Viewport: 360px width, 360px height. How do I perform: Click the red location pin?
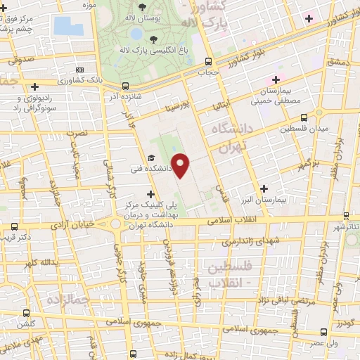(182, 165)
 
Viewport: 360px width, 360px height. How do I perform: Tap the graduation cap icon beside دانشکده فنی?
(150, 158)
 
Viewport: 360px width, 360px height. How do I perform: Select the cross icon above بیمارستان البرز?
(264, 188)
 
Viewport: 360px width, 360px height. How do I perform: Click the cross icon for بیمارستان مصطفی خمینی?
(276, 79)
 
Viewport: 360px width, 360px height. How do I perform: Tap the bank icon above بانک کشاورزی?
(79, 70)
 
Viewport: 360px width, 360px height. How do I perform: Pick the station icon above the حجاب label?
(207, 61)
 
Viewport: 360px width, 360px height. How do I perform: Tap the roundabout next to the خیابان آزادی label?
(114, 224)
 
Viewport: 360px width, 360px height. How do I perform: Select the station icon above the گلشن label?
(26, 314)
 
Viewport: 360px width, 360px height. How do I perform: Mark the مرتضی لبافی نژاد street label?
(261, 300)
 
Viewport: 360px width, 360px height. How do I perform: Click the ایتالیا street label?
(222, 105)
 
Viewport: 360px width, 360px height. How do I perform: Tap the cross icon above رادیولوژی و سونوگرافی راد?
(20, 88)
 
